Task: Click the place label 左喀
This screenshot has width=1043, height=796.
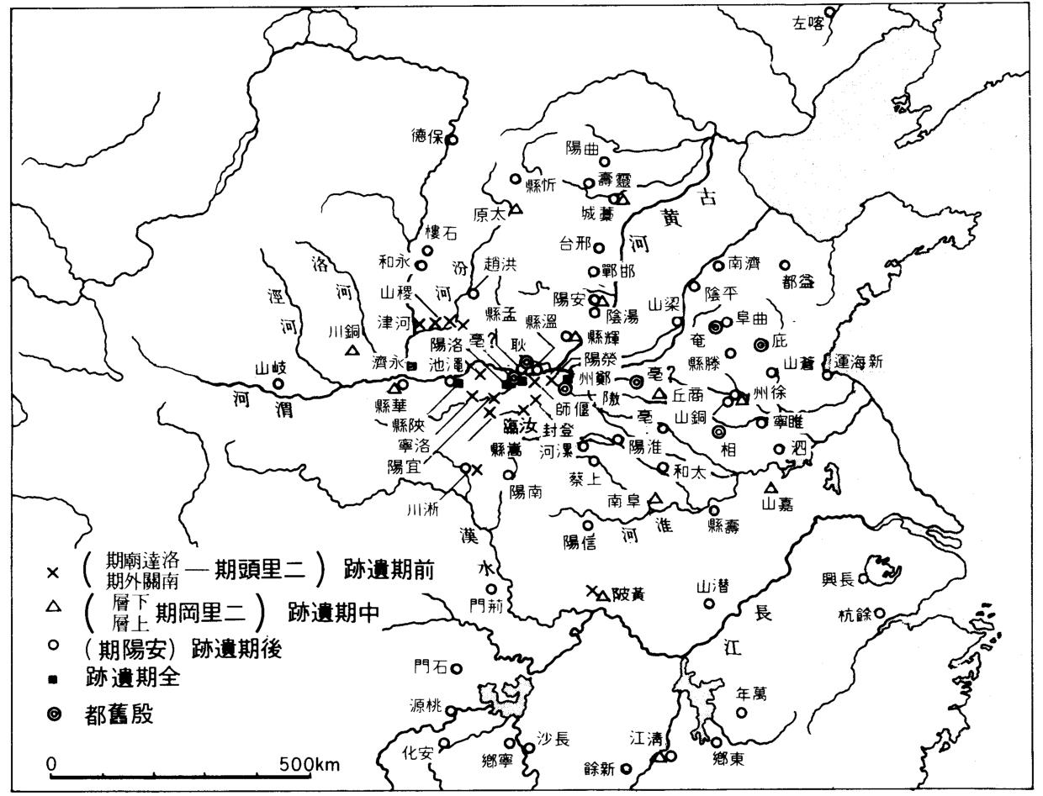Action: (807, 24)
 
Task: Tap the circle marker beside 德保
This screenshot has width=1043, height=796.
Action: (452, 140)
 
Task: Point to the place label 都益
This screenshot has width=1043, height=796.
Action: (798, 282)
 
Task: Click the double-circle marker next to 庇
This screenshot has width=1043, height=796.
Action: (760, 344)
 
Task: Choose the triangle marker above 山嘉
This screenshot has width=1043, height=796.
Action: (770, 488)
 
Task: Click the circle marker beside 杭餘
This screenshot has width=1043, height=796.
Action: (880, 613)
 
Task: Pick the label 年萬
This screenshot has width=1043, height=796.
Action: (750, 694)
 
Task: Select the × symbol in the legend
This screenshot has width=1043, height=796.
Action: (53, 572)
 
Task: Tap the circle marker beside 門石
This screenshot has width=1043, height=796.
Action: (457, 668)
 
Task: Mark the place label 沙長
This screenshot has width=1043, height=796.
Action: (553, 740)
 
